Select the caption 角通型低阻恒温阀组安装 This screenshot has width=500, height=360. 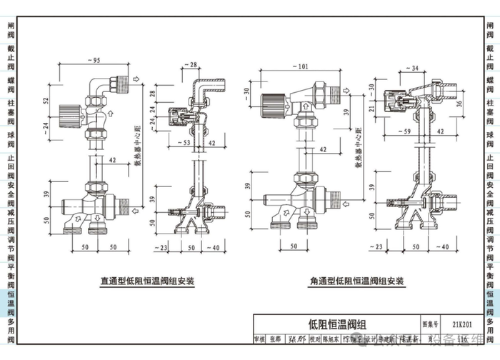coord(357,281)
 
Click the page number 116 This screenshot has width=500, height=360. coord(464,339)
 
